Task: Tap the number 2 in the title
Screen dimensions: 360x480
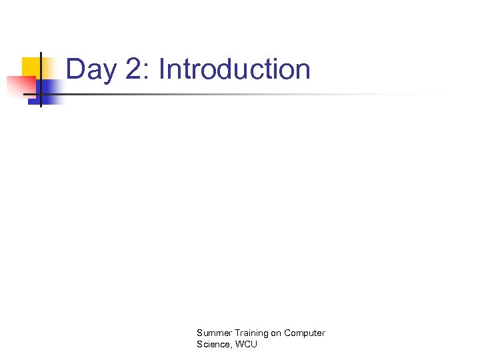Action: click(x=133, y=69)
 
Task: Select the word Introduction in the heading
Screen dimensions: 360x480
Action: click(x=235, y=69)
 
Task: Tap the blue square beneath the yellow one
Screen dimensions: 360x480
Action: click(x=50, y=90)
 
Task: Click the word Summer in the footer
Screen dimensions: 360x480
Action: click(x=213, y=333)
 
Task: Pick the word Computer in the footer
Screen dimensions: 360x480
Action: click(x=305, y=333)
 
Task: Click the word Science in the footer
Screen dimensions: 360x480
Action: click(x=213, y=344)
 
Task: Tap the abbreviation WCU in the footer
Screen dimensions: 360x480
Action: click(x=246, y=344)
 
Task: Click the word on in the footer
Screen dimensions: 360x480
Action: click(x=275, y=333)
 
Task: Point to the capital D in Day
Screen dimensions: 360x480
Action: click(x=75, y=69)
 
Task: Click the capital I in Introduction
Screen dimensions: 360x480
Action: click(x=162, y=69)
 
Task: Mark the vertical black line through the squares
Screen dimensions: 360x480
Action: click(x=41, y=80)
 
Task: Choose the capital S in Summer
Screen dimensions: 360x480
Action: click(x=199, y=333)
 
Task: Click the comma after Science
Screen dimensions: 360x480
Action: click(x=230, y=347)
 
